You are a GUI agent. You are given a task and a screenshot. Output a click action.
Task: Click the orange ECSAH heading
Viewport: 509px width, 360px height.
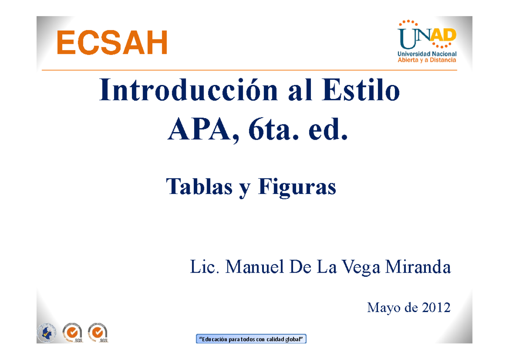(x=112, y=43)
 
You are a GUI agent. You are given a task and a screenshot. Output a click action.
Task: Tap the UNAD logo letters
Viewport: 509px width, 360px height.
(x=426, y=38)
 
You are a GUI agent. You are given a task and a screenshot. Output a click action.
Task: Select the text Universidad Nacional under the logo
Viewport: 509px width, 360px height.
(x=427, y=54)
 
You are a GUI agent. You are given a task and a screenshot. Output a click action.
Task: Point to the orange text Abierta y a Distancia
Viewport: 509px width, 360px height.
(x=427, y=60)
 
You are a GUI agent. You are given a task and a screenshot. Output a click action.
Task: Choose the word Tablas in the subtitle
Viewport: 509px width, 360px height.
(x=199, y=187)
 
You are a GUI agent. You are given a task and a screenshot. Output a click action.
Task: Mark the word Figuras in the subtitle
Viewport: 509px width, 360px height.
(x=297, y=187)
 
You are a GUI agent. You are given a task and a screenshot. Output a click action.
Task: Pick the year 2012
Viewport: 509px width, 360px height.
(x=435, y=307)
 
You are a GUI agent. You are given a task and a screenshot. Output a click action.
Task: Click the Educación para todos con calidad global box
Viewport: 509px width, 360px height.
(x=251, y=339)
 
